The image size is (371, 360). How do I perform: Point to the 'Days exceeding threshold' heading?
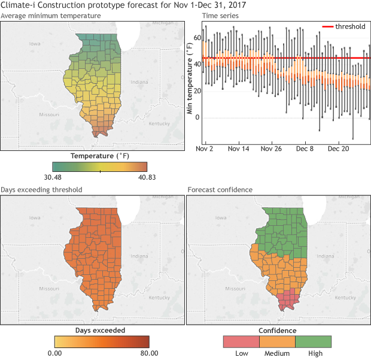[41, 189]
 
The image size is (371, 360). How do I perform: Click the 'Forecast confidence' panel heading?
[220, 189]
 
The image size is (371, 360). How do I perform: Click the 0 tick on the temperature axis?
[197, 118]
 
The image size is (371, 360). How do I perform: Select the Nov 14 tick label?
[238, 148]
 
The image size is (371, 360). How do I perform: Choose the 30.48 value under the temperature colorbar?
[62, 177]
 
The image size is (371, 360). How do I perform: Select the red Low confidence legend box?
[241, 341]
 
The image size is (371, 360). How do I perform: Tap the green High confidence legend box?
[314, 341]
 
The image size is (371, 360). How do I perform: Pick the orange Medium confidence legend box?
[278, 341]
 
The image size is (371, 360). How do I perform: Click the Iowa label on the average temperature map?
[35, 44]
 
